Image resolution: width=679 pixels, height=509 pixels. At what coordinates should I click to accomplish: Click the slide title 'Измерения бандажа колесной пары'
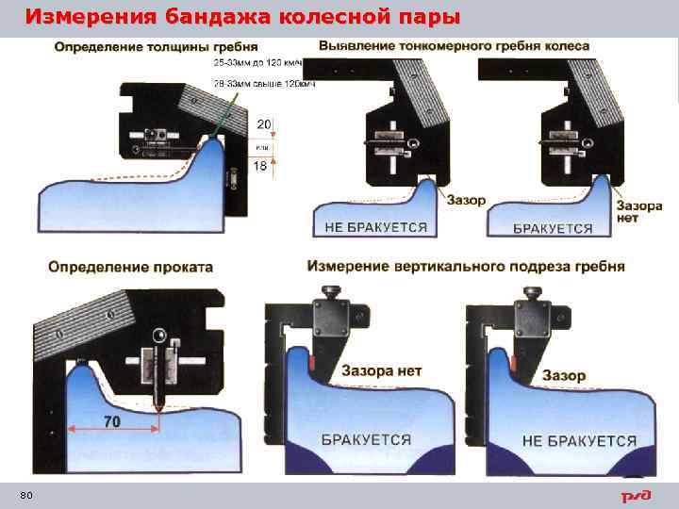(243, 17)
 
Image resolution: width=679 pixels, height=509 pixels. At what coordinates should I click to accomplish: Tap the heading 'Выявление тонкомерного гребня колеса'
(455, 45)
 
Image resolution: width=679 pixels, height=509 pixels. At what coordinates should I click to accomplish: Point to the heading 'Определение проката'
(131, 267)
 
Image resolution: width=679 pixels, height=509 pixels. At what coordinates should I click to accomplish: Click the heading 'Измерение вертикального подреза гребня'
(466, 266)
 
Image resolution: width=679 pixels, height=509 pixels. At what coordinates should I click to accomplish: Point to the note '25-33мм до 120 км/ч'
(260, 63)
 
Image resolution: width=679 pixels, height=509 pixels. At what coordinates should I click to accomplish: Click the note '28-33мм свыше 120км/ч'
(264, 85)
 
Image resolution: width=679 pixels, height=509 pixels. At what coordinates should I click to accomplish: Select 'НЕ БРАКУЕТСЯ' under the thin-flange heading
(375, 227)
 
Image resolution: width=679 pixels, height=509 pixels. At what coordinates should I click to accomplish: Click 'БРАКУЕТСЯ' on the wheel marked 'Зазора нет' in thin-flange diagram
(553, 228)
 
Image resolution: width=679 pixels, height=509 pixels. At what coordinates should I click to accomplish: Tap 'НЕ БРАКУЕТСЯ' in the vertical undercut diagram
(579, 441)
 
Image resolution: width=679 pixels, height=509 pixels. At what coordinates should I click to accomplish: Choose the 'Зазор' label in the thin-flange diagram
(467, 200)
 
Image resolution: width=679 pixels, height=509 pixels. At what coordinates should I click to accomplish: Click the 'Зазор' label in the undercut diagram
(564, 375)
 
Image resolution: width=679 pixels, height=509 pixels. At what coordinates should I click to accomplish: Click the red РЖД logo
(636, 496)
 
